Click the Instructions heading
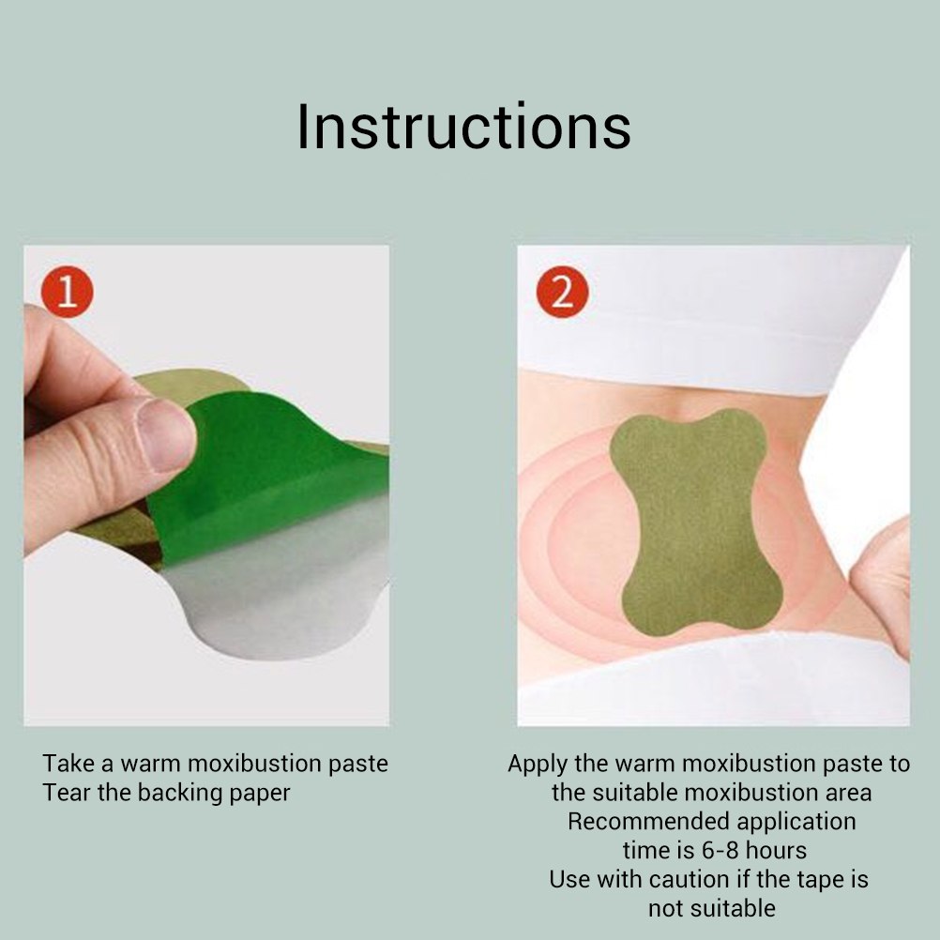[464, 127]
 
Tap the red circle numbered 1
[68, 292]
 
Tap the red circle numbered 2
[562, 292]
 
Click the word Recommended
[648, 821]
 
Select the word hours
[777, 851]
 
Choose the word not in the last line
[667, 909]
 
